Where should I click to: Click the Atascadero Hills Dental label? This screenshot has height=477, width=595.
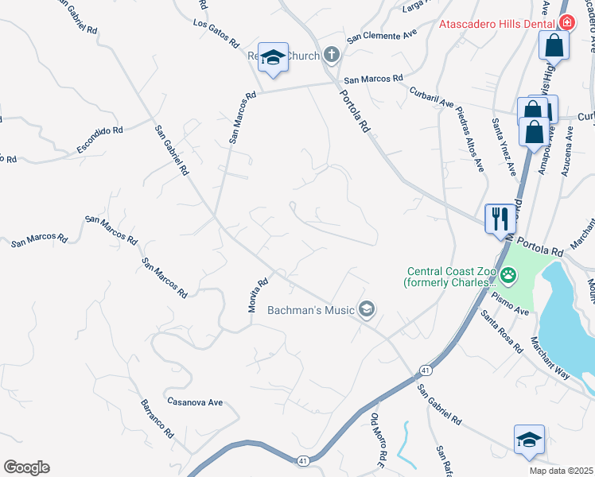coord(497,24)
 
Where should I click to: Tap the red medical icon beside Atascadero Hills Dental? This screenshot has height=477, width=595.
coord(566,24)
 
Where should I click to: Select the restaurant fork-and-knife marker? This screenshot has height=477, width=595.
coord(500,218)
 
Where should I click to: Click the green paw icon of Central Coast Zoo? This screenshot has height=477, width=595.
coord(507,277)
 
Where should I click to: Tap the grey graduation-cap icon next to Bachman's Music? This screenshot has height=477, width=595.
coord(367,309)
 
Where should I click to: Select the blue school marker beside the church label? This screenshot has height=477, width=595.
coord(273,57)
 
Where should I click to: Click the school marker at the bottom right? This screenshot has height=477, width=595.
coord(529,440)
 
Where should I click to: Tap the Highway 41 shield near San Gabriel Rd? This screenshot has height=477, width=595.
coord(426,370)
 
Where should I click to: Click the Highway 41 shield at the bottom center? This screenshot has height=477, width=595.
coord(302,460)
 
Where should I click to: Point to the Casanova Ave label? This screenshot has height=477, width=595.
coord(195,402)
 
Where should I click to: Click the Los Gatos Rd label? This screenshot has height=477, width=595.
coord(216,33)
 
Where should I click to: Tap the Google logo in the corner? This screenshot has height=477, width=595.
coord(26,467)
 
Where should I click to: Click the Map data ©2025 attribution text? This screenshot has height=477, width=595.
coord(559,471)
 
